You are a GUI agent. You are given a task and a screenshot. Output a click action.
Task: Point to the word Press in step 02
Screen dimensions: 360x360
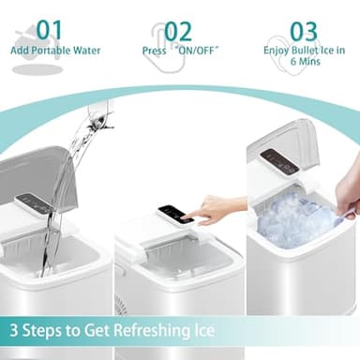(156, 50)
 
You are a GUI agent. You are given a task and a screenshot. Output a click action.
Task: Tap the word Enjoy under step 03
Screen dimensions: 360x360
(277, 50)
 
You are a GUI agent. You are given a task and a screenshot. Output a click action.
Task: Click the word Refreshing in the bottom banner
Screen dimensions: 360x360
(145, 331)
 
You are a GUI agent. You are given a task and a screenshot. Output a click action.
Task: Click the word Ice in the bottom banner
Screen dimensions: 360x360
(203, 331)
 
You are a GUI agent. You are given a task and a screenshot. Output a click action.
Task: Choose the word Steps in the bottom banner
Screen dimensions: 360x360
(48, 331)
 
